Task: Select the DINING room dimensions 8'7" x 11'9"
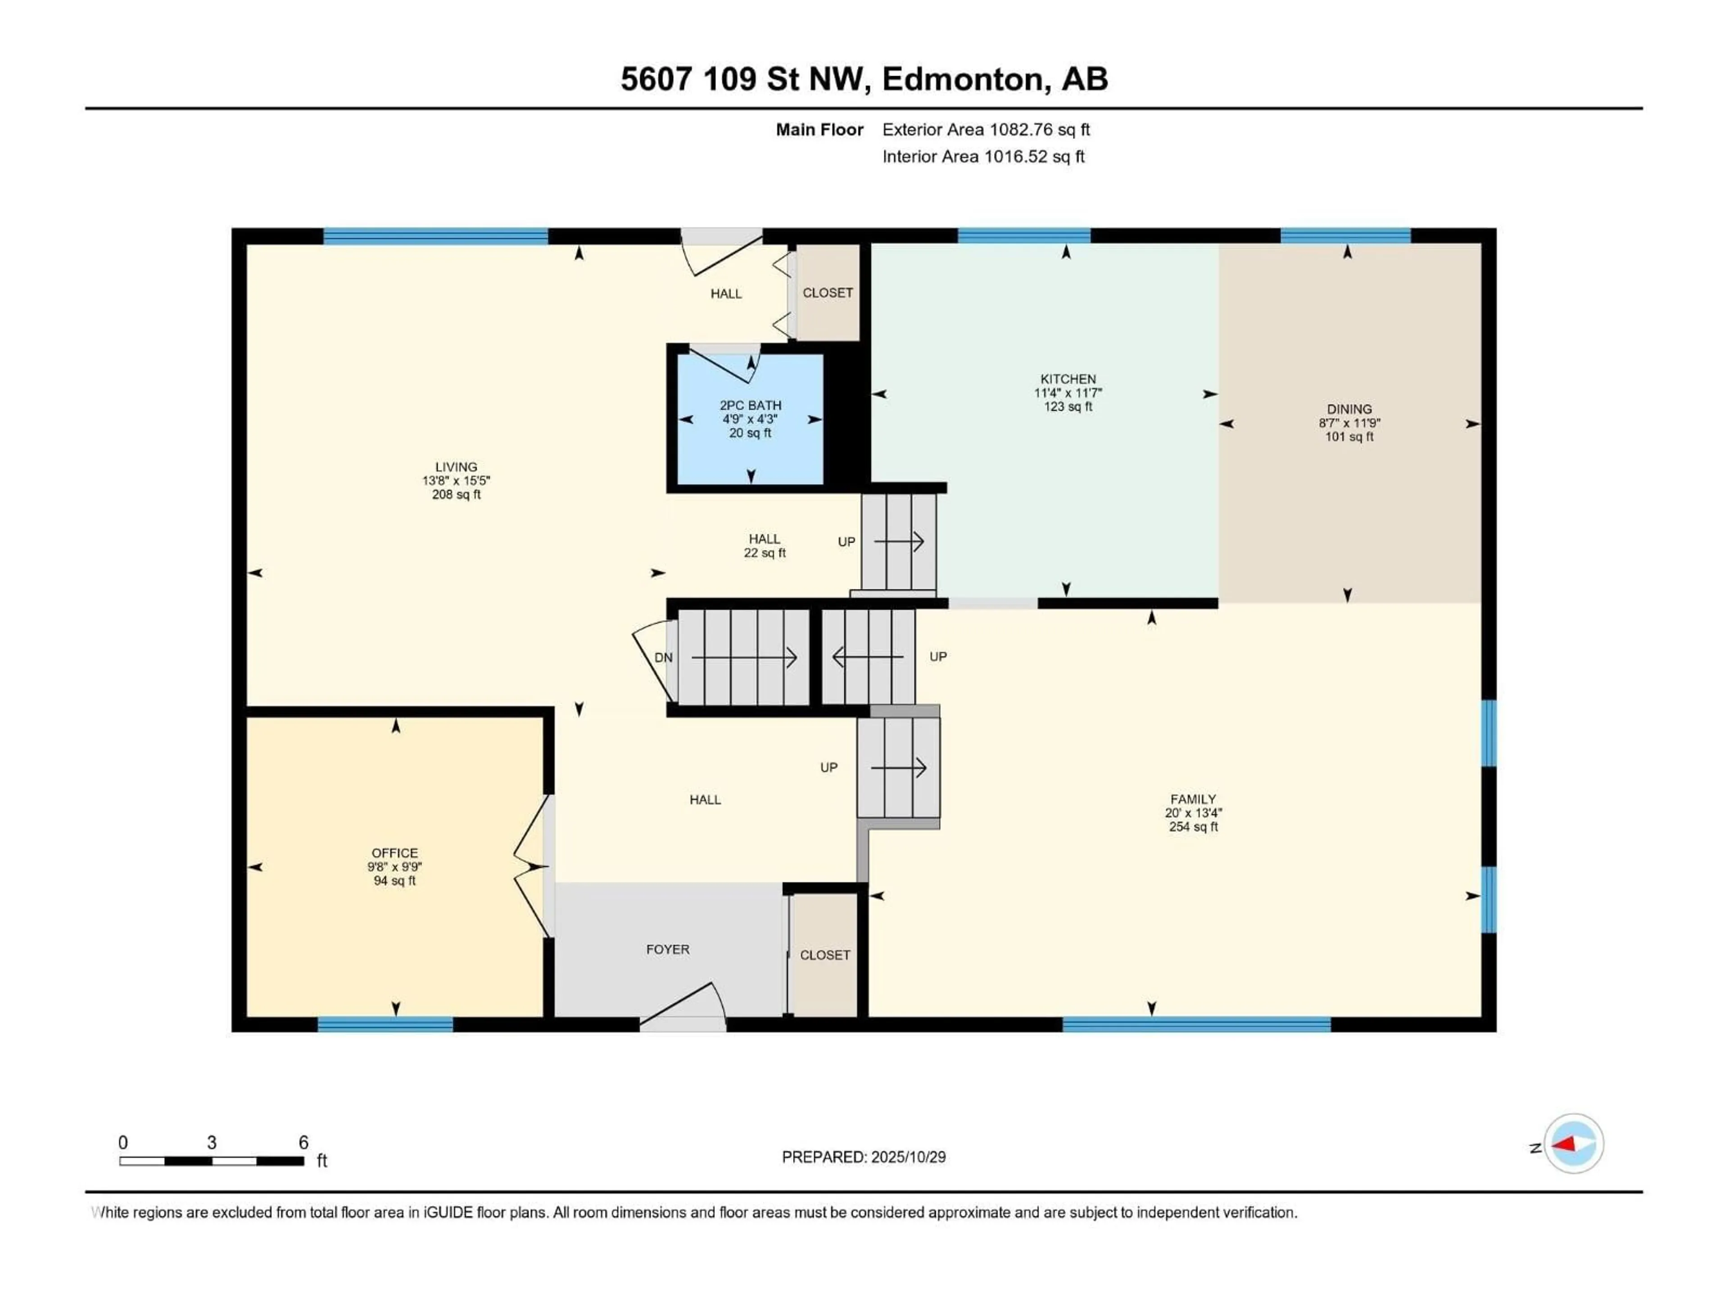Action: pos(1349,423)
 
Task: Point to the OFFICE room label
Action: pos(395,853)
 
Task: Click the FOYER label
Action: pos(668,949)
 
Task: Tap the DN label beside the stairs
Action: pos(663,658)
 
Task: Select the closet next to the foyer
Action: pos(824,955)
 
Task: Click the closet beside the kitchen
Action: pos(827,292)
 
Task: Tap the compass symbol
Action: pos(1574,1144)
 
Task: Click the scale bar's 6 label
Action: pos(303,1142)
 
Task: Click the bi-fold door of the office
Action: pos(531,866)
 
